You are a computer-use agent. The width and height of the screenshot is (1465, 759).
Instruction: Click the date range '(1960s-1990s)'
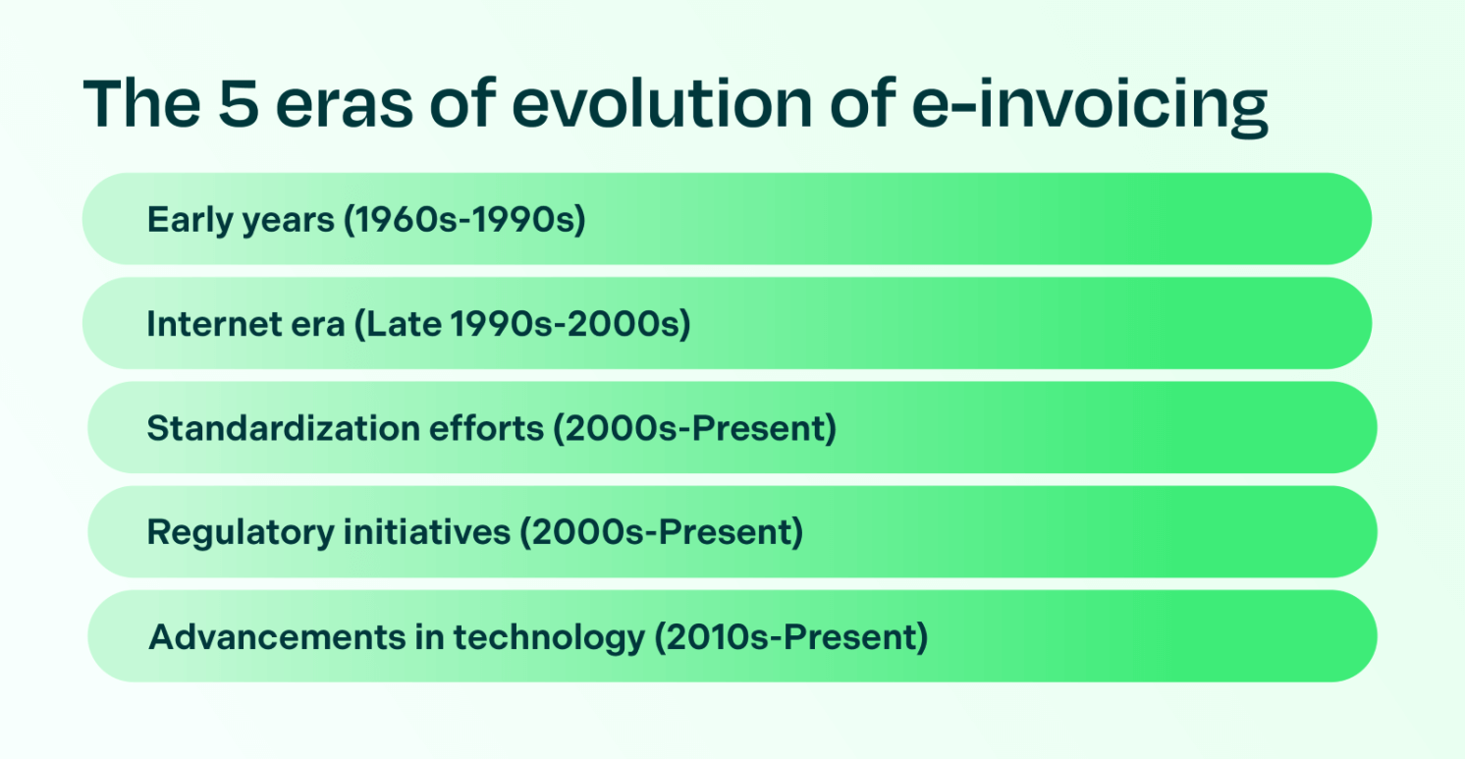[463, 221]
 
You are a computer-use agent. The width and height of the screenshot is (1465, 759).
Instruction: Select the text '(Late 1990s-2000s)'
[521, 325]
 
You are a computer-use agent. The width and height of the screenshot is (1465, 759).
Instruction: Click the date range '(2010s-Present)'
[790, 638]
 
